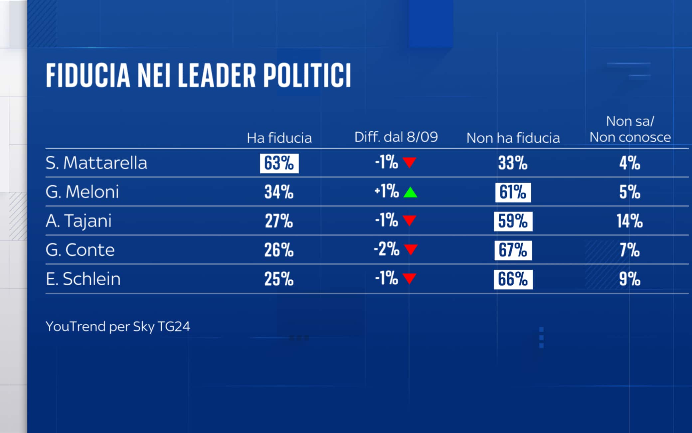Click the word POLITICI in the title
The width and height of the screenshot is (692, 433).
click(307, 75)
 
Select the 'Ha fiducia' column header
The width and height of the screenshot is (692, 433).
click(279, 138)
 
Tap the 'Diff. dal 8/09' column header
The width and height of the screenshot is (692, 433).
click(396, 137)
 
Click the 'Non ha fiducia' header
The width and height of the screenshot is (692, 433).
click(513, 138)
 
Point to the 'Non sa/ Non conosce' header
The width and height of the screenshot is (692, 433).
click(630, 129)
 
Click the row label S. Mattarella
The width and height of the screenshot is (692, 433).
click(96, 163)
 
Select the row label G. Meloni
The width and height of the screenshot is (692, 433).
click(82, 192)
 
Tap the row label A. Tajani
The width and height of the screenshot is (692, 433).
click(79, 221)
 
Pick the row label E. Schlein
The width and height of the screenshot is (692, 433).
click(83, 279)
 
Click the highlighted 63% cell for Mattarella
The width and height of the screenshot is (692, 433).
click(279, 163)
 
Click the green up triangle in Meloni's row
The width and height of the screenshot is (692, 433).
click(410, 192)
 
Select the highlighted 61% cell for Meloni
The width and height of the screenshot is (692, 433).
click(513, 192)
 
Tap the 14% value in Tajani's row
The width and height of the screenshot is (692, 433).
click(629, 221)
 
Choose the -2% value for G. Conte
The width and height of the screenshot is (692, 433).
click(387, 249)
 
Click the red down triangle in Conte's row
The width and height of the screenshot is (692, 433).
click(411, 249)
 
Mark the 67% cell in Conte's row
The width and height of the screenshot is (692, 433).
click(513, 250)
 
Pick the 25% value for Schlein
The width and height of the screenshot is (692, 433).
click(279, 279)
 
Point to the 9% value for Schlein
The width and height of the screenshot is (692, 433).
click(629, 279)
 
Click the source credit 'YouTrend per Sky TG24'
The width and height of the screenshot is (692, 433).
click(118, 327)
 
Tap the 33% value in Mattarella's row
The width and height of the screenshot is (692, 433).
click(513, 163)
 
